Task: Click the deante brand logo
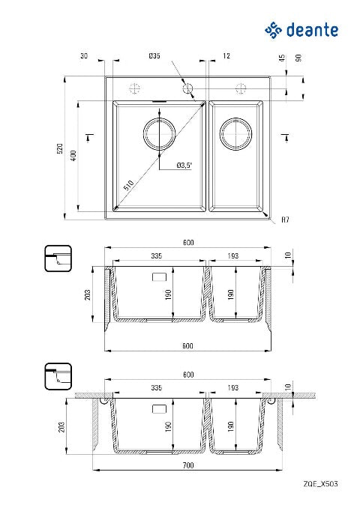pos(301,30)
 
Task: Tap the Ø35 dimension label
pos(154,55)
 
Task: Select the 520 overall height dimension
pos(60,148)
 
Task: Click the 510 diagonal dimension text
pos(129,185)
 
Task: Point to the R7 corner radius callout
pos(285,220)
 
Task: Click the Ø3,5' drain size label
pos(184,166)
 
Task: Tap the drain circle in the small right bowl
pos(235,134)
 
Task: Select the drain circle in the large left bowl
pos(160,134)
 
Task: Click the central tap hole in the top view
pos(187,88)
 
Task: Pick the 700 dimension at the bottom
pos(188,465)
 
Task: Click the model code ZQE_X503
pos(320,484)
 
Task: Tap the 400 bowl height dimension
pos(74,156)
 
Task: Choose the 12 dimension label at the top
pos(226,55)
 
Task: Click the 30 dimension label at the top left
pos(84,55)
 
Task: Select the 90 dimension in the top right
pos(298,58)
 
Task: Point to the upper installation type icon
pos(58,258)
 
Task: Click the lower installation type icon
pos(58,376)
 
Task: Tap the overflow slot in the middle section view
pos(159,277)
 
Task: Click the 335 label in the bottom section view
pos(156,388)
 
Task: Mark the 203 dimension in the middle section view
pos(88,294)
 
